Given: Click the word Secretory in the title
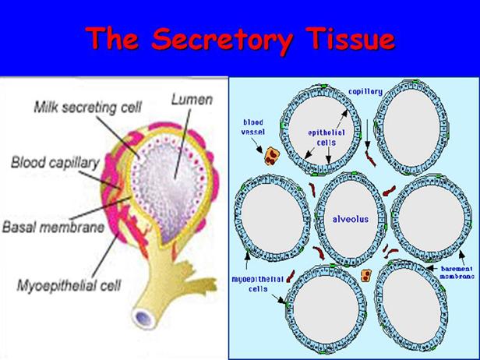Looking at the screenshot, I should pos(233,38).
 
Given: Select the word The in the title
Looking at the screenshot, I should pos(120,38).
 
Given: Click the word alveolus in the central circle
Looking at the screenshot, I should pos(350,209).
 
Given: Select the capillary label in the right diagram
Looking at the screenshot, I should pos(365,91).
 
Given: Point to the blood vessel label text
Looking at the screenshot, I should pos(255,126).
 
